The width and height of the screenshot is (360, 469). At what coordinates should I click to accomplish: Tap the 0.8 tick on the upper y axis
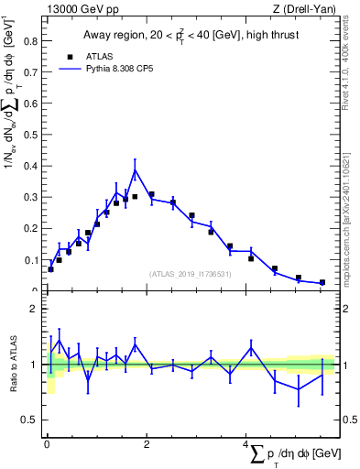click(x=29, y=40)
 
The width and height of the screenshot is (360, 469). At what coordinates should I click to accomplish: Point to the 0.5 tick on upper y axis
click(x=29, y=135)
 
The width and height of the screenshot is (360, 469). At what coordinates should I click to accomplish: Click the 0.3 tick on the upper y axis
click(x=29, y=197)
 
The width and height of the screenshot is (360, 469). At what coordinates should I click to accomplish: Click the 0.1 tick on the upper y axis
click(x=29, y=260)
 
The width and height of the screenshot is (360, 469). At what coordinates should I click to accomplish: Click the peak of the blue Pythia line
click(x=135, y=170)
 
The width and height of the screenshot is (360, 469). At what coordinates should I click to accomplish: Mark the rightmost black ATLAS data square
click(x=322, y=282)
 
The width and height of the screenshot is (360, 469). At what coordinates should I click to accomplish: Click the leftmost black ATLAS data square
click(x=50, y=269)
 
